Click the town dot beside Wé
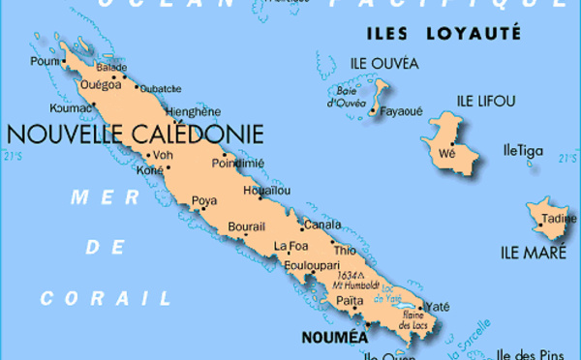(x=452, y=142)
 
